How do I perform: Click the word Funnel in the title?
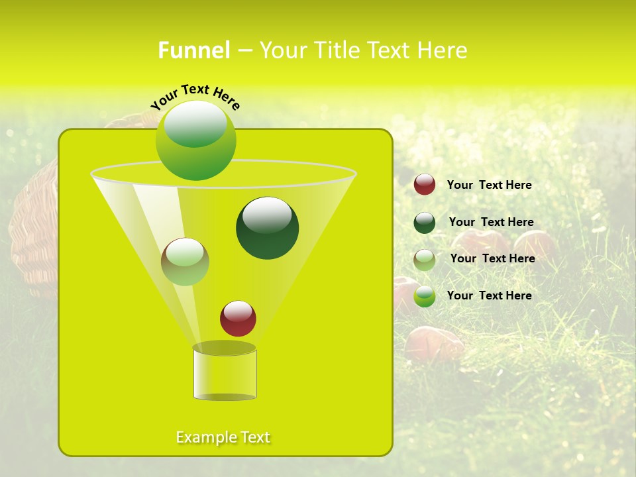pyautogui.click(x=193, y=50)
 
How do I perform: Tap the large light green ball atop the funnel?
pyautogui.click(x=195, y=140)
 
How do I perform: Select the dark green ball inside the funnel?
pyautogui.click(x=267, y=229)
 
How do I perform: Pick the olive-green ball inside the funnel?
pyautogui.click(x=185, y=262)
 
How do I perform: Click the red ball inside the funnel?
pyautogui.click(x=238, y=319)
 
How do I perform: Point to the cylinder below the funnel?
pyautogui.click(x=225, y=374)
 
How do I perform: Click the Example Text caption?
pyautogui.click(x=223, y=437)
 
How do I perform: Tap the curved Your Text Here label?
pyautogui.click(x=195, y=97)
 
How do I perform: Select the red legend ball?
pyautogui.click(x=425, y=185)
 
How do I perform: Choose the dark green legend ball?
pyautogui.click(x=425, y=223)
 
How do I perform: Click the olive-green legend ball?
pyautogui.click(x=425, y=260)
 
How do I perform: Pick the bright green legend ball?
pyautogui.click(x=425, y=296)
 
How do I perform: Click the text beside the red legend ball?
pyautogui.click(x=489, y=185)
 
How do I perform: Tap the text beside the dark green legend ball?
pyautogui.click(x=491, y=222)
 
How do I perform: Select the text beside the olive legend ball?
pyautogui.click(x=492, y=258)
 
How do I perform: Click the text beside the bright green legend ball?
pyautogui.click(x=489, y=295)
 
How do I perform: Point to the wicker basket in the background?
pyautogui.click(x=33, y=232)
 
